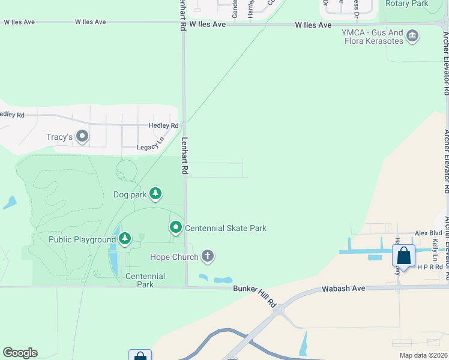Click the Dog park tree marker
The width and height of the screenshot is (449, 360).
click(156, 193)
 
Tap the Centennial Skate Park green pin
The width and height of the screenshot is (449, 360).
click(176, 227)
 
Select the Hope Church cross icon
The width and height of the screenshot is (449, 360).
click(208, 257)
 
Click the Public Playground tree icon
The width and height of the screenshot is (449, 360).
click(124, 239)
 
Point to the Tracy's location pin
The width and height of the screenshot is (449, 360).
click(82, 137)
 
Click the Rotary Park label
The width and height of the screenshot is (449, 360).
click(406, 4)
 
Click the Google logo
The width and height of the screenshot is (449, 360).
click(20, 353)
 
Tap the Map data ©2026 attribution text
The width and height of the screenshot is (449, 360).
click(423, 355)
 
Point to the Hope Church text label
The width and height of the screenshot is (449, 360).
click(174, 257)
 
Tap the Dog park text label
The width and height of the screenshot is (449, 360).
click(130, 194)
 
